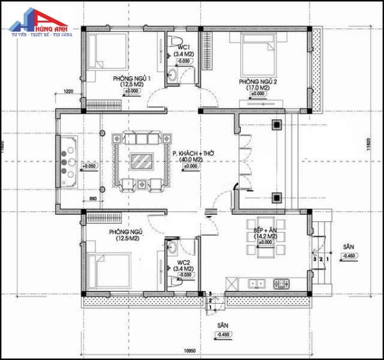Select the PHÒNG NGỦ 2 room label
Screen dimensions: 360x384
click(258, 82)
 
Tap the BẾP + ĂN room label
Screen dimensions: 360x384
click(263, 230)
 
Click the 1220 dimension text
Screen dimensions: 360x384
click(68, 93)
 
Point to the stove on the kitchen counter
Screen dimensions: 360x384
click(281, 283)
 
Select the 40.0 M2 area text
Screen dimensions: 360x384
click(191, 160)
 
